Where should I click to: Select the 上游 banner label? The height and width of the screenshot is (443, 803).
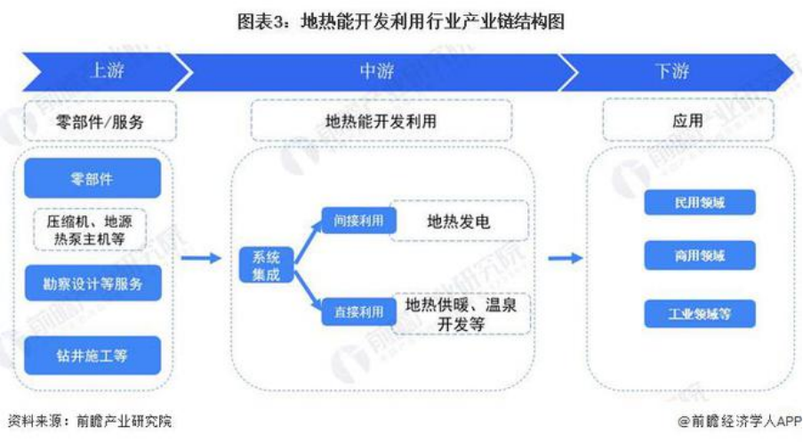pos(107,72)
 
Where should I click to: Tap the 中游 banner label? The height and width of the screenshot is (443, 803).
pos(376,72)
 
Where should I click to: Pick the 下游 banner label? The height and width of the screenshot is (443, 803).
pos(672,72)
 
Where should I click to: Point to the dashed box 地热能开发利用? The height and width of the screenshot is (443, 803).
pos(381,121)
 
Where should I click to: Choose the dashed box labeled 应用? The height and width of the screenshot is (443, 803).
pos(687,121)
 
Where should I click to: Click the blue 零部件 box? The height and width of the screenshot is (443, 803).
pos(92,179)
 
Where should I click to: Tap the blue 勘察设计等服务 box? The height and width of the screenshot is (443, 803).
pos(93,284)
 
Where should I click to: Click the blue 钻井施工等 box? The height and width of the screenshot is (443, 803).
pos(93,355)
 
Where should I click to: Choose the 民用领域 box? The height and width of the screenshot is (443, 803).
pos(700,203)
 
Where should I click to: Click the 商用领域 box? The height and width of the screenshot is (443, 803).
pos(700,256)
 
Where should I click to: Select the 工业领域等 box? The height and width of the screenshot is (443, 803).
pos(700,314)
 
